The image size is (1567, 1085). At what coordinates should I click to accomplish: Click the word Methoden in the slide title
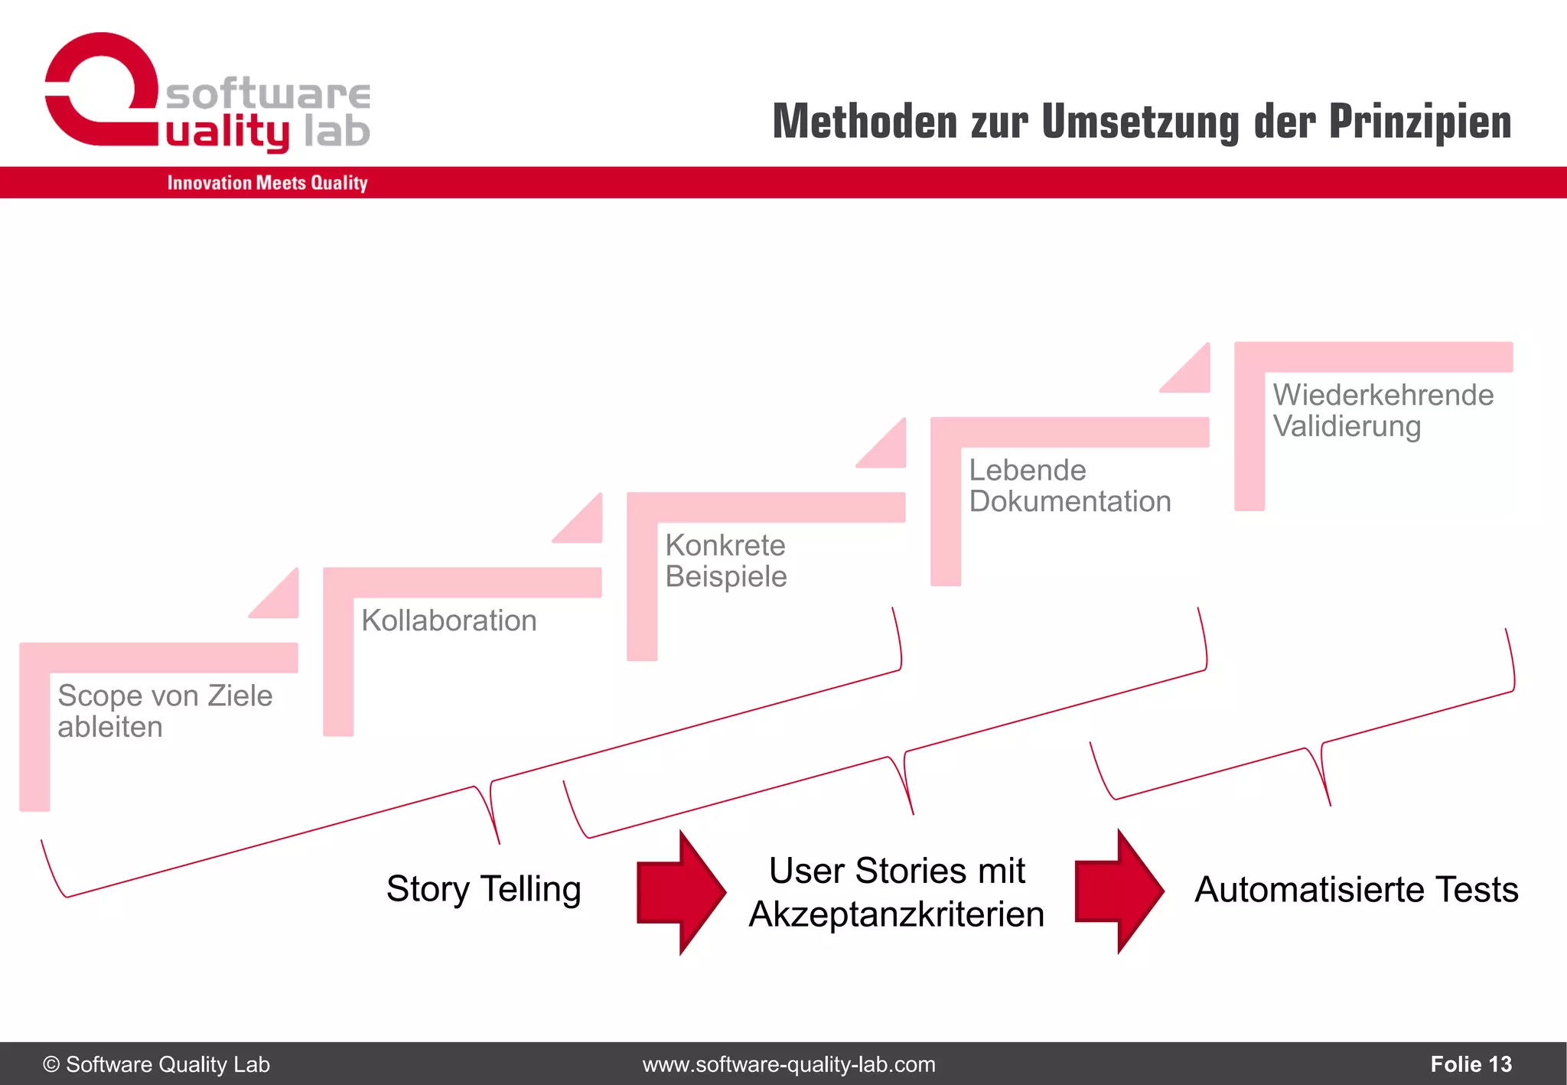[865, 122]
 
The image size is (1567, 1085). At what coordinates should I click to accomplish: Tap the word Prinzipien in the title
[1420, 122]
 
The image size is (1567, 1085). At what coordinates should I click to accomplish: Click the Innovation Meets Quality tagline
[267, 183]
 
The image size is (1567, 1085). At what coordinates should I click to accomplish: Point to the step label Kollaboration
[449, 621]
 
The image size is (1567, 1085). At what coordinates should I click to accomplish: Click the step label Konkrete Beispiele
[725, 561]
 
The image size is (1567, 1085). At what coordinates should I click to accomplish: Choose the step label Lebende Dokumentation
[1070, 486]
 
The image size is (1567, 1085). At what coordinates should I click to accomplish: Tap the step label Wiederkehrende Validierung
[1383, 411]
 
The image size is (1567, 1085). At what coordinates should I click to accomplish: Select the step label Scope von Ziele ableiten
[165, 711]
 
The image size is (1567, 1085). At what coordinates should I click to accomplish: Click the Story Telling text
[484, 889]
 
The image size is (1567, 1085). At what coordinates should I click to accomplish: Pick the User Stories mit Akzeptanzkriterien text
[897, 892]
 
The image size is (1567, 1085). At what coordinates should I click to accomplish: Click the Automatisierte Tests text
[1356, 890]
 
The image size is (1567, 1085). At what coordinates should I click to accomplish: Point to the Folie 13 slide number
[1471, 1064]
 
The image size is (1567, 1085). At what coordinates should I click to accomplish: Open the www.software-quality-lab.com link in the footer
[789, 1064]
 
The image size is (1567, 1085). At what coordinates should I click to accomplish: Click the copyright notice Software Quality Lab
[157, 1064]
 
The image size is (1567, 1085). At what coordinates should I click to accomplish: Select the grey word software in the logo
[268, 94]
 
